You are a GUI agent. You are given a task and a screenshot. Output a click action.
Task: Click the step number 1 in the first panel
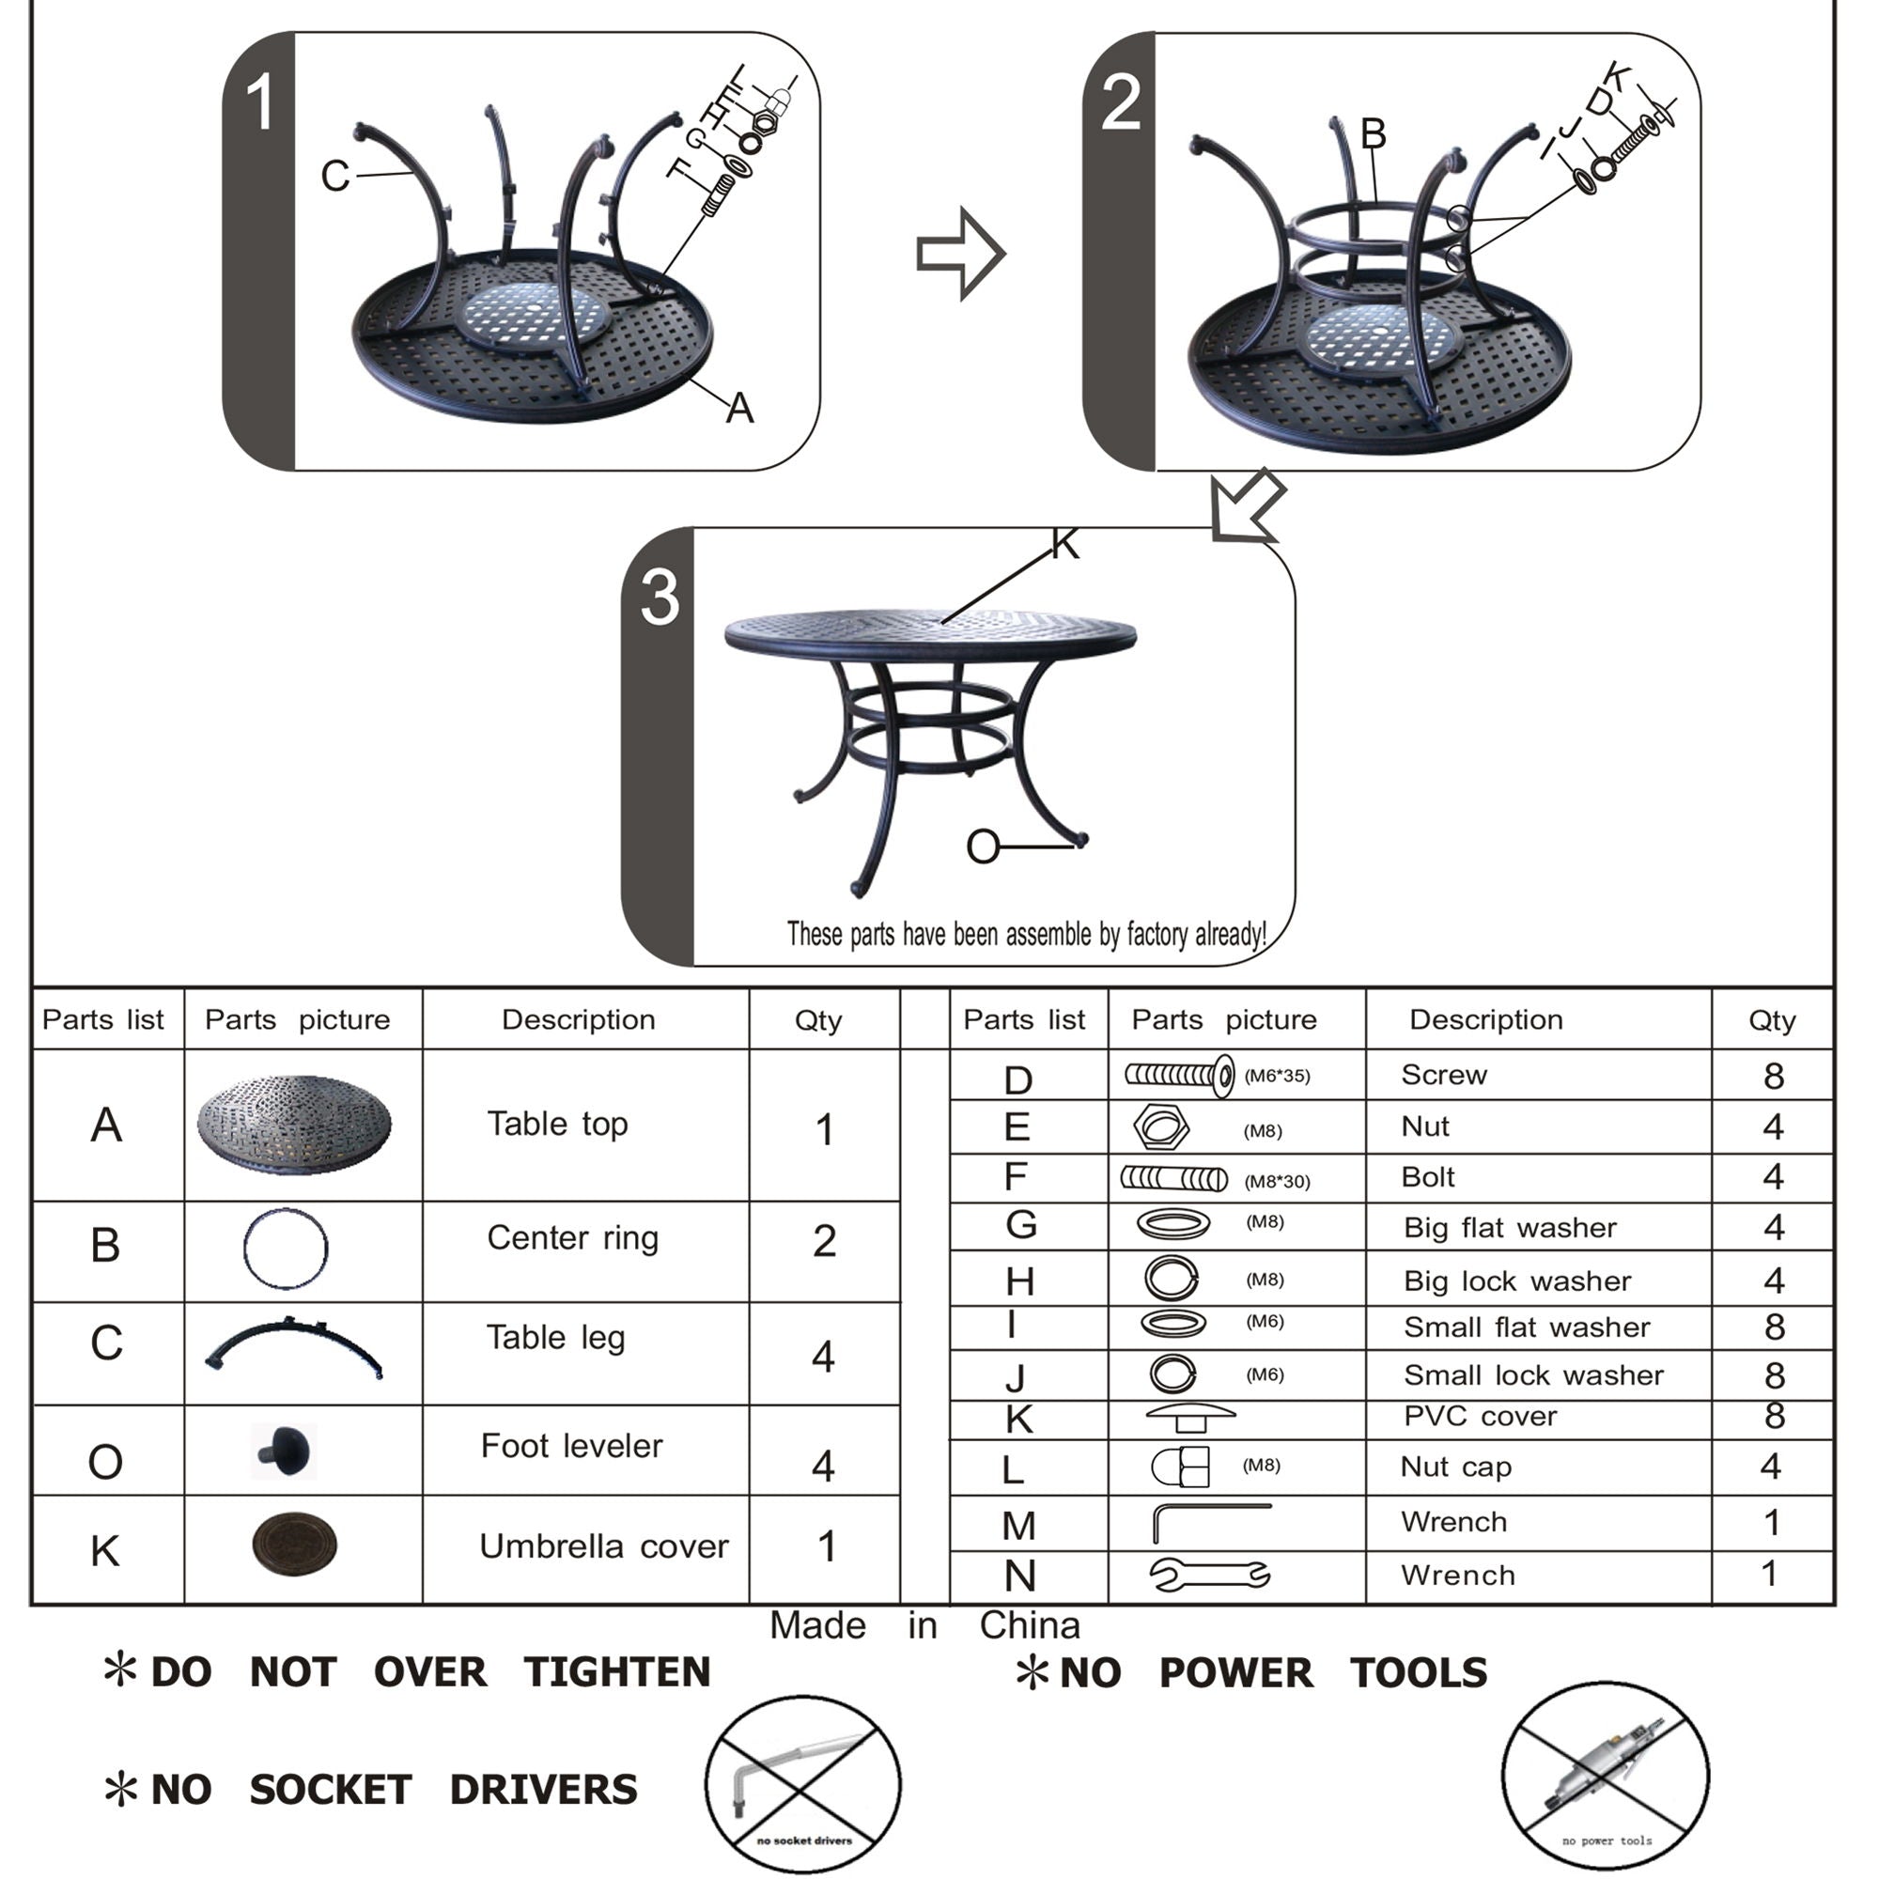[x=259, y=103]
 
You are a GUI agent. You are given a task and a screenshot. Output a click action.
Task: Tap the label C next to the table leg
[x=334, y=177]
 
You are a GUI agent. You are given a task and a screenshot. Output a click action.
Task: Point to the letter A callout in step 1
[x=740, y=409]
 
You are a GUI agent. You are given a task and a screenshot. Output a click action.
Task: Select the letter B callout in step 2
[x=1373, y=134]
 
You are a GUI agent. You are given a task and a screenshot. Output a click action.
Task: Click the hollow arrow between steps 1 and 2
[x=961, y=254]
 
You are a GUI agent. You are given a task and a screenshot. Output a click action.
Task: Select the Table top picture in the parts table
[x=294, y=1125]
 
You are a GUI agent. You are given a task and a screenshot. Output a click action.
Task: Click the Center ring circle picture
[x=285, y=1249]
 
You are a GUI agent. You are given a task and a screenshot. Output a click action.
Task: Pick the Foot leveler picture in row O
[x=284, y=1452]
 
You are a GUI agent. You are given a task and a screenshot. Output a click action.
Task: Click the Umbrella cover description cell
[x=603, y=1546]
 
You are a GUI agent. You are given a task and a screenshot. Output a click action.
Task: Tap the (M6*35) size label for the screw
[x=1277, y=1076]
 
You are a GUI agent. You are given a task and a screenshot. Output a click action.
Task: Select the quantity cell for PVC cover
[x=1773, y=1416]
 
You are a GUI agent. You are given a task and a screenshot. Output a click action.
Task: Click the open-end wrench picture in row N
[x=1209, y=1575]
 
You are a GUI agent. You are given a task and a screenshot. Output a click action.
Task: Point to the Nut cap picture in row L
[x=1181, y=1467]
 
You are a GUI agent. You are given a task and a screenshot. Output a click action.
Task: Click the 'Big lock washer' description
[x=1516, y=1281]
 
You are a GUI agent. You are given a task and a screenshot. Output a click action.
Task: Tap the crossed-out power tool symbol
[x=1605, y=1776]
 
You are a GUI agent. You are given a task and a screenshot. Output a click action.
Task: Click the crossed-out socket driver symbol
[x=802, y=1785]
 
